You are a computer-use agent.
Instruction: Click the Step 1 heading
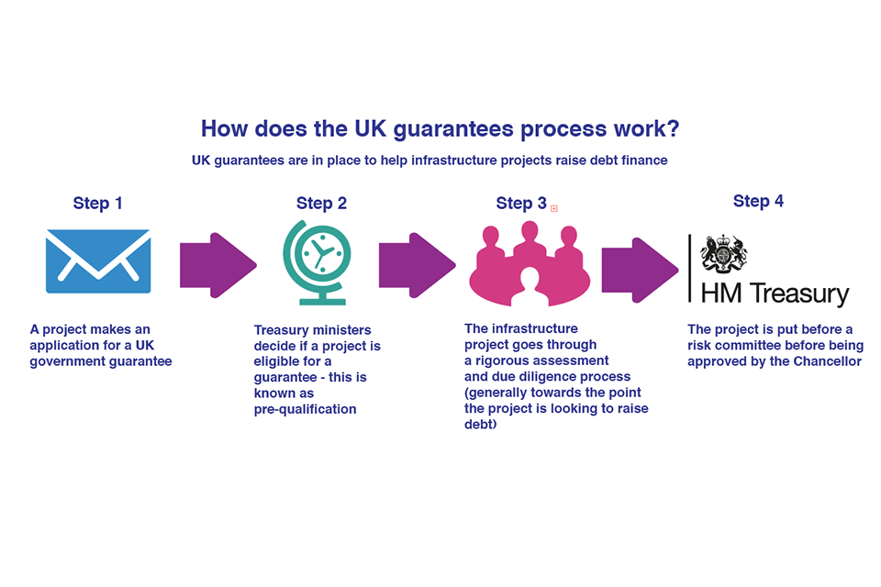pos(97,204)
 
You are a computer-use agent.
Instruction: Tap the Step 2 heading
pos(321,204)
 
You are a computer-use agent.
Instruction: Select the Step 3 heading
pos(520,204)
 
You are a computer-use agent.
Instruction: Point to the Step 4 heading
pos(758,202)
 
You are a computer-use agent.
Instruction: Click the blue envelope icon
pos(98,260)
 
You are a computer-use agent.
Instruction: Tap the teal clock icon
pos(315,260)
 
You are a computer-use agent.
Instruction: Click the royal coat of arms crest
pos(723,254)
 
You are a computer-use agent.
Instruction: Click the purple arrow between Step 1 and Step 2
pos(217,265)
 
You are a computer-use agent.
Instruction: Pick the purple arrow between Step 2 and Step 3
pos(417,265)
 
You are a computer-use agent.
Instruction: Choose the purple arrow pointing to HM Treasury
pos(640,270)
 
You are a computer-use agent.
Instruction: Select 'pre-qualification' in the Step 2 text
pos(305,409)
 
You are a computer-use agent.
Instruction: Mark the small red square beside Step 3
pos(554,208)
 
